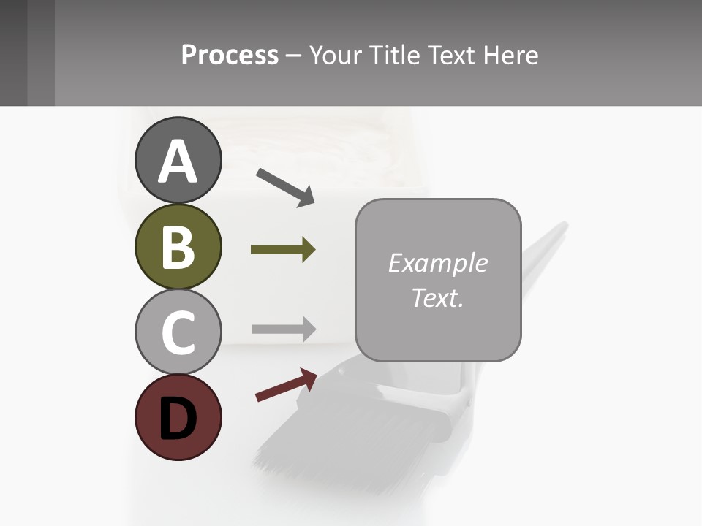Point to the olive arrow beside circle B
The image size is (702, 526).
click(283, 250)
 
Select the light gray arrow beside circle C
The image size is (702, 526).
click(283, 329)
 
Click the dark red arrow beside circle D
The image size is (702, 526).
click(286, 385)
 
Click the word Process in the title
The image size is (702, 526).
click(230, 56)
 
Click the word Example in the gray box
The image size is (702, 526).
click(438, 263)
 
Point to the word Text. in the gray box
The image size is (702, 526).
click(438, 297)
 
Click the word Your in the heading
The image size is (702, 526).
click(336, 56)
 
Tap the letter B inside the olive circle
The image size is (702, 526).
click(178, 247)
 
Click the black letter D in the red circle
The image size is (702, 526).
click(178, 419)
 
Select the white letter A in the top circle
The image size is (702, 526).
click(178, 161)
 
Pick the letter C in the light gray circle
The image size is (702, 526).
click(178, 332)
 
